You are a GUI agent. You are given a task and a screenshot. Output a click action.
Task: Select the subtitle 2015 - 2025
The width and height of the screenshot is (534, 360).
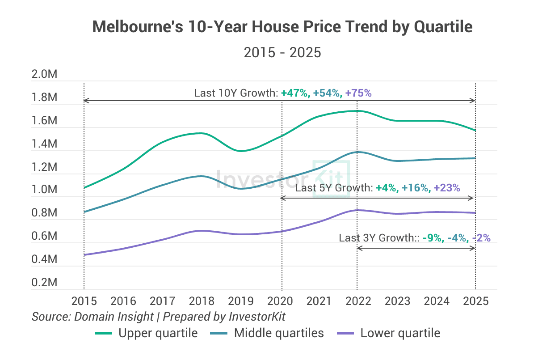click(x=282, y=52)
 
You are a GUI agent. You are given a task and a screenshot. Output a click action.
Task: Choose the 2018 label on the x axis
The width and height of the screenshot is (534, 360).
click(x=202, y=301)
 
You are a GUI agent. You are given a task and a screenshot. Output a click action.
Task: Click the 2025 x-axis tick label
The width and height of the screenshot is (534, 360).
click(x=475, y=301)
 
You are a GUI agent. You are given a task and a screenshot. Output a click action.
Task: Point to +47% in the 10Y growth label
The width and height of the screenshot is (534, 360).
click(x=295, y=93)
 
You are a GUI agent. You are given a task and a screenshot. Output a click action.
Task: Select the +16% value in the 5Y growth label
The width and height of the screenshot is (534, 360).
click(x=415, y=188)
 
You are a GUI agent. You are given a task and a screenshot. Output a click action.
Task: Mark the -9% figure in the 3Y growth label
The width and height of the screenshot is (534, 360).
click(x=432, y=238)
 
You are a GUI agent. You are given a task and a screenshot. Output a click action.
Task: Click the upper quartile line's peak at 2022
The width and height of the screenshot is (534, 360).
click(x=357, y=111)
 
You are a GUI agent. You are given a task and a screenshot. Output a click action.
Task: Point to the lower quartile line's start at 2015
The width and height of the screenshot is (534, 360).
click(x=84, y=255)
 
